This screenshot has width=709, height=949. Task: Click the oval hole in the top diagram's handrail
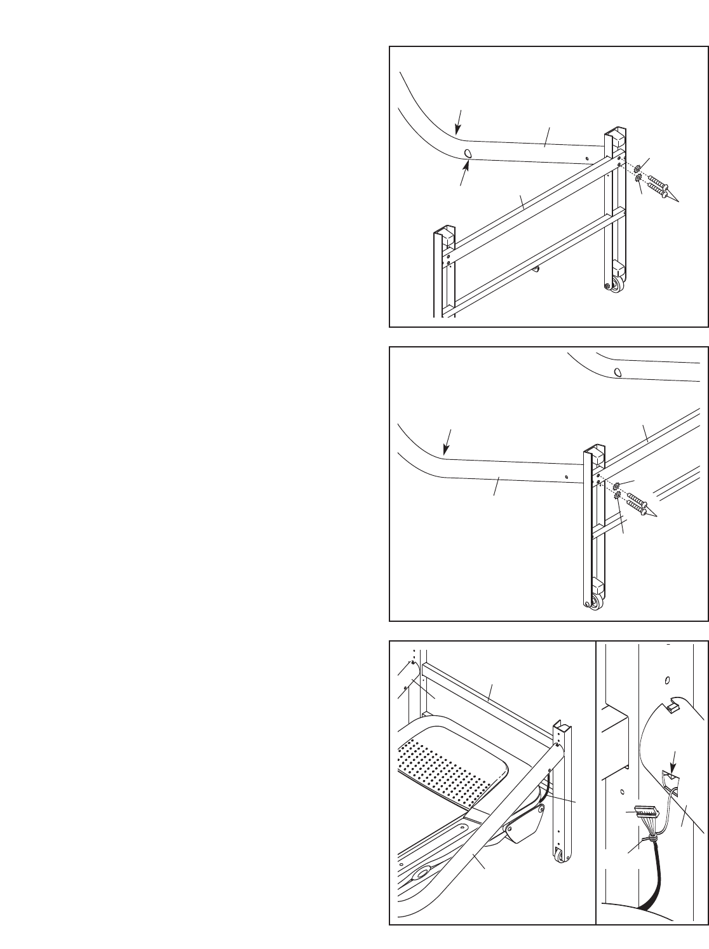coord(468,154)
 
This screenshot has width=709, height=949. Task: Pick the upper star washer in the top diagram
coord(638,168)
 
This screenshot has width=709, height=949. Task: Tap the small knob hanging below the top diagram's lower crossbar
coord(537,269)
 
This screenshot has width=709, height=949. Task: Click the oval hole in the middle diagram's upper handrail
coord(616,372)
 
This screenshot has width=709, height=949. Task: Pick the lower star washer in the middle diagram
coord(617,495)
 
